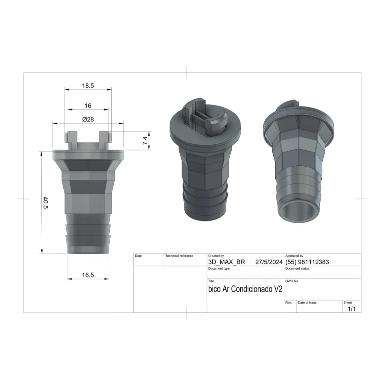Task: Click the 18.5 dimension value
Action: point(88,86)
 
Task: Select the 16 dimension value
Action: point(88,106)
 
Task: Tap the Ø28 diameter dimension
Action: point(88,119)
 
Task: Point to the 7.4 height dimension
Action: point(145,141)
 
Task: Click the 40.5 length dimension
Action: point(45,203)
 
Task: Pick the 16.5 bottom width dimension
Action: point(88,275)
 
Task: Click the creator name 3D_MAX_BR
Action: point(227,262)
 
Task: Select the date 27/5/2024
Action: point(269,262)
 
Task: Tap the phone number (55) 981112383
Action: point(307,262)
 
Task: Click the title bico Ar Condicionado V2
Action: point(245,289)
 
